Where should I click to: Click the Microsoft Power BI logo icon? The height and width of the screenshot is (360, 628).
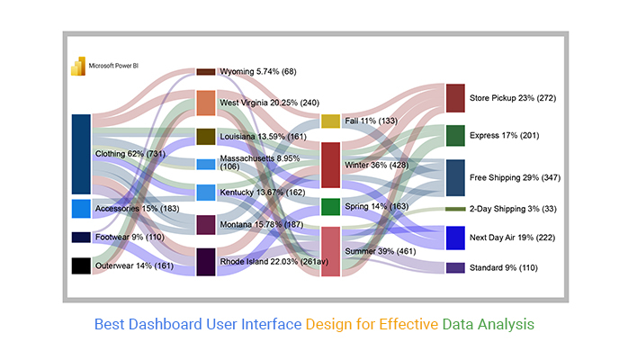pos(77,65)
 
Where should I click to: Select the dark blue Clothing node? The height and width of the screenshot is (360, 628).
pos(81,153)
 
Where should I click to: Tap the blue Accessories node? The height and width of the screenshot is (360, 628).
pos(81,209)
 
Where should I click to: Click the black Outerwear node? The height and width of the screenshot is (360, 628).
pos(81,265)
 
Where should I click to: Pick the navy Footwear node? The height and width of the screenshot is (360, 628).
pos(81,238)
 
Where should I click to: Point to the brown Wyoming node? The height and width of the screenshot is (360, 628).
pos(206,71)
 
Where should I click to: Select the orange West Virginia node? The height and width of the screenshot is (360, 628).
pos(206,103)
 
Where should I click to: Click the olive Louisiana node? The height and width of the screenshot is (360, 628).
pos(206,137)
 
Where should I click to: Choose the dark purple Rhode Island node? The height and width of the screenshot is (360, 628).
pos(206,262)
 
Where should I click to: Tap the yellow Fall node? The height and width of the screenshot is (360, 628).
pos(330,121)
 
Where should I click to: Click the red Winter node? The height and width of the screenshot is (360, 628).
pos(330,164)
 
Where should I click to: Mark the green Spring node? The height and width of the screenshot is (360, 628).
pos(330,207)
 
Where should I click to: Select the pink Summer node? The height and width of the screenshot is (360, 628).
pos(330,251)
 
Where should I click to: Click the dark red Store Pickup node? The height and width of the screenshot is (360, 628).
pos(455,97)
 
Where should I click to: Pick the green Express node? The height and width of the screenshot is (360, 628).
pos(455,136)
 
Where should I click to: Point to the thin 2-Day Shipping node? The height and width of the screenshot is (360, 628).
pos(455,209)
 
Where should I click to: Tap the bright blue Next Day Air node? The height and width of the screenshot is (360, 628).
pos(455,238)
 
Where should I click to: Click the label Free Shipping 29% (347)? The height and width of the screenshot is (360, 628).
pos(515,178)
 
